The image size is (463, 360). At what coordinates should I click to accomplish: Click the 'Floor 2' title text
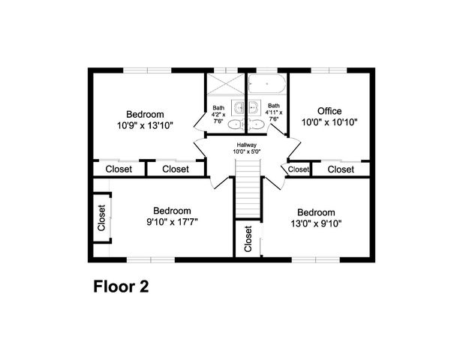pyautogui.click(x=121, y=286)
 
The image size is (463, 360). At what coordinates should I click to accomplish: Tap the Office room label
pyautogui.click(x=329, y=111)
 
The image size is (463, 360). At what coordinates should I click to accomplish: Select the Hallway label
pyautogui.click(x=247, y=145)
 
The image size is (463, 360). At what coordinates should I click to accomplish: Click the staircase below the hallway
pyautogui.click(x=247, y=193)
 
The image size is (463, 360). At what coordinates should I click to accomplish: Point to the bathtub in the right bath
pyautogui.click(x=267, y=84)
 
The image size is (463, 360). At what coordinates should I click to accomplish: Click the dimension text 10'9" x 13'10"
pyautogui.click(x=145, y=125)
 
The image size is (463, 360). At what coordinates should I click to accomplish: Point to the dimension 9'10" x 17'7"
pyautogui.click(x=172, y=222)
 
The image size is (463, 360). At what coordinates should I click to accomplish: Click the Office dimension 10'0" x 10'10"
pyautogui.click(x=329, y=122)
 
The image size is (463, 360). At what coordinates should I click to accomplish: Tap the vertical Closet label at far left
pyautogui.click(x=101, y=217)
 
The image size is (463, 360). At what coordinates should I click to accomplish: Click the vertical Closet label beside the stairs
pyautogui.click(x=248, y=239)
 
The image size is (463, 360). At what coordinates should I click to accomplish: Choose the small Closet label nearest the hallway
pyautogui.click(x=299, y=169)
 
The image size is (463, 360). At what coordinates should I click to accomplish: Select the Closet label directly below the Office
pyautogui.click(x=341, y=169)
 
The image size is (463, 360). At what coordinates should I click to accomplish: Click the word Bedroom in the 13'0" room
pyautogui.click(x=315, y=211)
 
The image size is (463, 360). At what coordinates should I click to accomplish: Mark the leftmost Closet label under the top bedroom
pyautogui.click(x=119, y=169)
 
